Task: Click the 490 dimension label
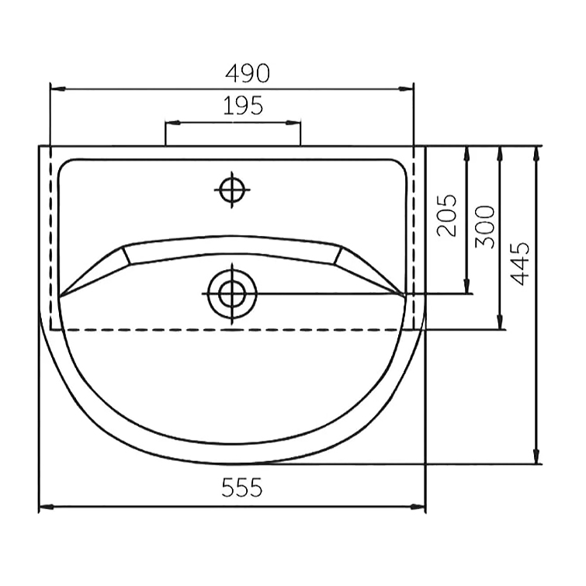click(248, 73)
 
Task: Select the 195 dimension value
click(243, 106)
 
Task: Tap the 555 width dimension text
click(242, 487)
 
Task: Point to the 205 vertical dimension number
click(446, 215)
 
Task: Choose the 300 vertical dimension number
click(485, 227)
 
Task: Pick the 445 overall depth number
click(520, 264)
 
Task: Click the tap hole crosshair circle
click(232, 190)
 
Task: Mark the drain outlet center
click(232, 293)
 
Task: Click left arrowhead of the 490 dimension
click(58, 89)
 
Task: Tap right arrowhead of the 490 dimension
click(406, 89)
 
